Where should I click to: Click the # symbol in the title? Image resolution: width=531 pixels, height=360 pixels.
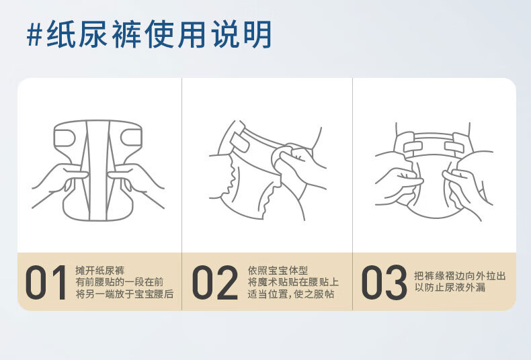[34, 34]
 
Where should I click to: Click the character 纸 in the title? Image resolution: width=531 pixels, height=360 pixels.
[61, 34]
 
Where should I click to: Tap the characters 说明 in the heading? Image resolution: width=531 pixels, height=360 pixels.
[242, 34]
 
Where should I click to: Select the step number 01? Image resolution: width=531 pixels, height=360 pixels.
[46, 282]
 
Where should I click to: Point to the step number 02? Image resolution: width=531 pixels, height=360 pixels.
[214, 282]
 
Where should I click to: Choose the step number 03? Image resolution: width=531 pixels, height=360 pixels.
[384, 282]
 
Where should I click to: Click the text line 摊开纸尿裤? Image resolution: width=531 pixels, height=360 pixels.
[100, 271]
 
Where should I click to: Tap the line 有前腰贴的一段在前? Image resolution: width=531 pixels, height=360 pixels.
[120, 282]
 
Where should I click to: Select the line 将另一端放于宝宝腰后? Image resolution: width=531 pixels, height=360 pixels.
[124, 294]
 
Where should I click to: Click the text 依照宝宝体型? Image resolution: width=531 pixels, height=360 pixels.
[278, 271]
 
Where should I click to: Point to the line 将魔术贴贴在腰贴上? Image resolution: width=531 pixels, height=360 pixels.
[293, 282]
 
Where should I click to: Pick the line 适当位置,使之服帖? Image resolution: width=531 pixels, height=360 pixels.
[291, 294]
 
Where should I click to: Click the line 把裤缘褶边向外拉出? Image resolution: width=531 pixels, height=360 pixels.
[460, 276]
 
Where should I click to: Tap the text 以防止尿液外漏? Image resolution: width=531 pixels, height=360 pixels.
[450, 287]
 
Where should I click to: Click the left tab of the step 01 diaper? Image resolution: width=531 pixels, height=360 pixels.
[65, 138]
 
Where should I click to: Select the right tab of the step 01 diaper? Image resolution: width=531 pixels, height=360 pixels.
[132, 138]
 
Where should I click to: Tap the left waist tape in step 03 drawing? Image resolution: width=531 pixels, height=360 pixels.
[413, 147]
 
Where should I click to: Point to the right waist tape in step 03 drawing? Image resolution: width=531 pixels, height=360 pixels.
[454, 147]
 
